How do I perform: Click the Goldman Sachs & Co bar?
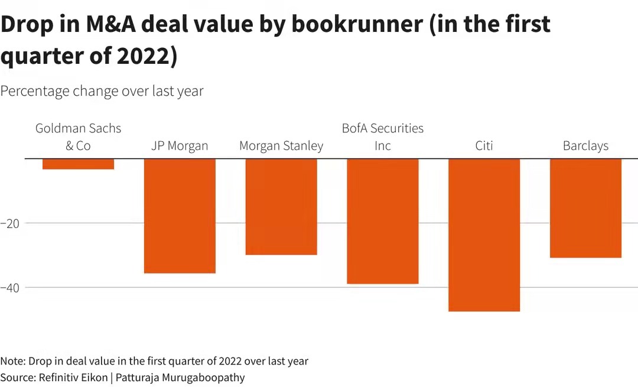pyautogui.click(x=78, y=164)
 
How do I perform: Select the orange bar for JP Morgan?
pyautogui.click(x=180, y=216)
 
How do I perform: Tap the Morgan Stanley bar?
pyautogui.click(x=281, y=207)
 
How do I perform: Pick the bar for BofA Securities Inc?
pyautogui.click(x=383, y=221)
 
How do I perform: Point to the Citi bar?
pyautogui.click(x=484, y=235)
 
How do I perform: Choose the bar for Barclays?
pyautogui.click(x=585, y=208)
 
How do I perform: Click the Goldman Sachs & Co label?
pyautogui.click(x=78, y=136)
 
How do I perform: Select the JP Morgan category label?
pyautogui.click(x=180, y=146)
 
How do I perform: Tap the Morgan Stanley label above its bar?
pyautogui.click(x=281, y=146)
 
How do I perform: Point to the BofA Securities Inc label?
pyautogui.click(x=383, y=136)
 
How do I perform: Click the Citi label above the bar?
pyautogui.click(x=484, y=146)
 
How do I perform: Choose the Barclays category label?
pyautogui.click(x=585, y=146)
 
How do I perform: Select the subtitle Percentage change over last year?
pyautogui.click(x=102, y=91)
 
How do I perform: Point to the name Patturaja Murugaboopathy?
pyautogui.click(x=180, y=377)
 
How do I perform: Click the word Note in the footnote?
pyautogui.click(x=12, y=361)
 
